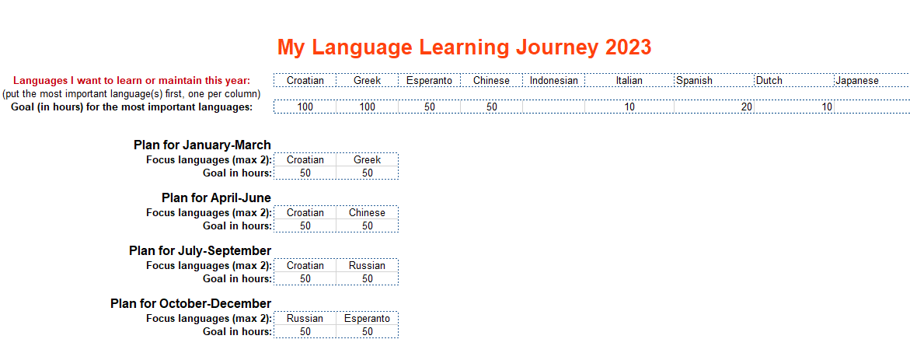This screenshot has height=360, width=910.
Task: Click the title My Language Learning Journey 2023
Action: click(464, 47)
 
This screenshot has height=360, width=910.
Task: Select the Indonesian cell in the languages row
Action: click(553, 81)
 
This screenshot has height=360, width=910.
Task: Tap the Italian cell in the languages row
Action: click(629, 81)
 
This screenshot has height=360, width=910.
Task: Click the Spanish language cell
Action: click(714, 81)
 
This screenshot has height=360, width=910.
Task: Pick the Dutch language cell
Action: click(794, 81)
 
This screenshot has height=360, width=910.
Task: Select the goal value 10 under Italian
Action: click(629, 107)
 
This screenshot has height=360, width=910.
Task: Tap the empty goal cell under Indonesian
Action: click(553, 107)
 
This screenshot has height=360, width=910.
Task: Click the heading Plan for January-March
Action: click(202, 145)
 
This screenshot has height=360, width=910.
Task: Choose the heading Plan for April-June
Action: click(216, 198)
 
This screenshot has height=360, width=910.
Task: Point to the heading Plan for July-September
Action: click(200, 251)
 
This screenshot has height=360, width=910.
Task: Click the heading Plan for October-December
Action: click(190, 304)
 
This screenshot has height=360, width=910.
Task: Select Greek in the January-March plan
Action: click(367, 159)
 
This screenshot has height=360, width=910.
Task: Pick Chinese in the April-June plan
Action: click(367, 212)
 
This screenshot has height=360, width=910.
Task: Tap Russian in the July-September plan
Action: click(367, 265)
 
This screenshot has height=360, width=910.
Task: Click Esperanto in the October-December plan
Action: click(367, 318)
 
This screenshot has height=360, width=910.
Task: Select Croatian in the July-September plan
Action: click(305, 265)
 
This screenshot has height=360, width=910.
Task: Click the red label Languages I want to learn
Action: click(132, 81)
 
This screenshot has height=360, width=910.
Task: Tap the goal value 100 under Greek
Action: click(367, 107)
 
